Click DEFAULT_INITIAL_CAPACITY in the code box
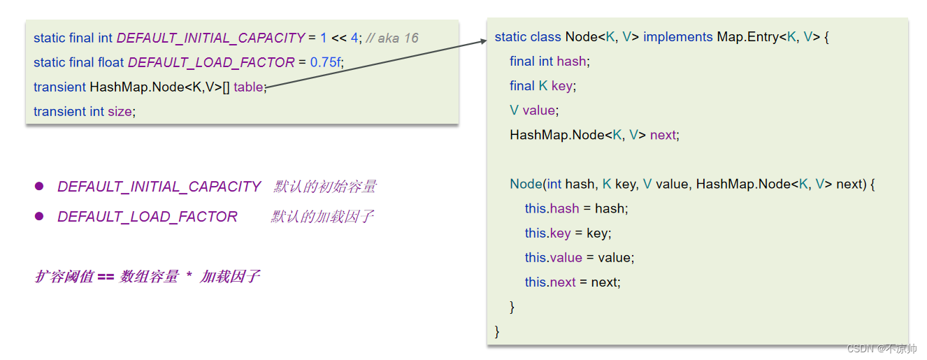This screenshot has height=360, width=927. click(210, 38)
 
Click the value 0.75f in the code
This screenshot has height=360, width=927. click(326, 62)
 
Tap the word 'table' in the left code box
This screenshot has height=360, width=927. click(248, 87)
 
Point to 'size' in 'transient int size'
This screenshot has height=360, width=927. click(119, 111)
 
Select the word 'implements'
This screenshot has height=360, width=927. click(677, 37)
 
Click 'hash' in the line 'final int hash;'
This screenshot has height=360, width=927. click(572, 62)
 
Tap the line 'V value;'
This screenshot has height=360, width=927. click(534, 110)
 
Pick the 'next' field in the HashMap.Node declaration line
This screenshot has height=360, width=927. click(663, 135)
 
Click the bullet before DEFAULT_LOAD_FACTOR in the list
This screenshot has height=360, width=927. click(39, 217)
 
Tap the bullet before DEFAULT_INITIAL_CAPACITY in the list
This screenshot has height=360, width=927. click(39, 187)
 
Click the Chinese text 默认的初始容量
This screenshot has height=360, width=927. click(325, 187)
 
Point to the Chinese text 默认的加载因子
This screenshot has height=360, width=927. click(322, 217)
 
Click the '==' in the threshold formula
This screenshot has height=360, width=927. click(106, 277)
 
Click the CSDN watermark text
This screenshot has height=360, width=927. click(882, 348)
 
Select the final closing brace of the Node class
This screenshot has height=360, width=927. click(497, 331)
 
